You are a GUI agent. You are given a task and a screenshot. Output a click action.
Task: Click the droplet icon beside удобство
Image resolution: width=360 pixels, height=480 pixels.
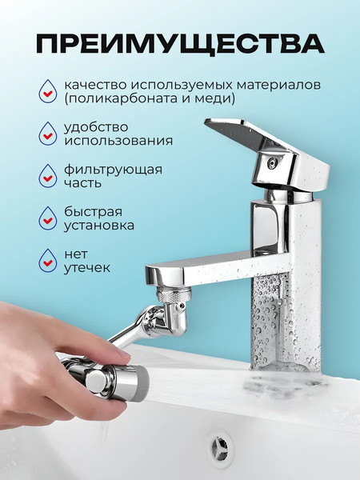(x=49, y=133)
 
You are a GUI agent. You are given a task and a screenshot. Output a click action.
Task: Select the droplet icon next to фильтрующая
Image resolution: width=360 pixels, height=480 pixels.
(x=49, y=176)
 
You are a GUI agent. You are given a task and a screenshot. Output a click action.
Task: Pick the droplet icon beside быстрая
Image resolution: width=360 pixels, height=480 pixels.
(x=49, y=218)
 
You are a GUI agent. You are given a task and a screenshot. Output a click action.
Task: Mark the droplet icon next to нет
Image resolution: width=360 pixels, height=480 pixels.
(x=49, y=261)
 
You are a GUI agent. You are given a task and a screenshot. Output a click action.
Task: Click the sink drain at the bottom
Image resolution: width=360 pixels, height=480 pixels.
(x=219, y=442)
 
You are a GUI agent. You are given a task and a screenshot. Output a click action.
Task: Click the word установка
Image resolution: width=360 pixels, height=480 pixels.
(x=97, y=226)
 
